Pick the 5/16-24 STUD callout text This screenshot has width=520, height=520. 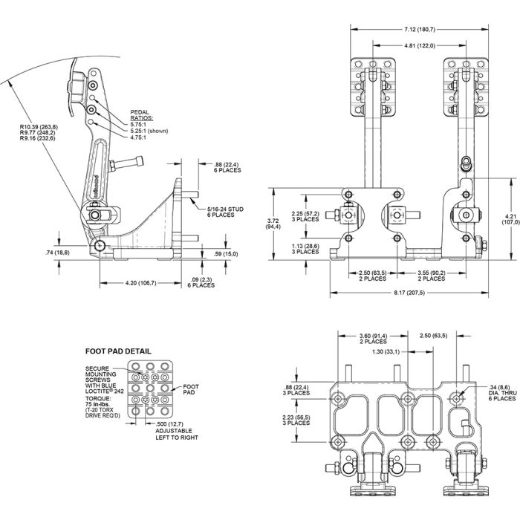click(227, 212)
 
